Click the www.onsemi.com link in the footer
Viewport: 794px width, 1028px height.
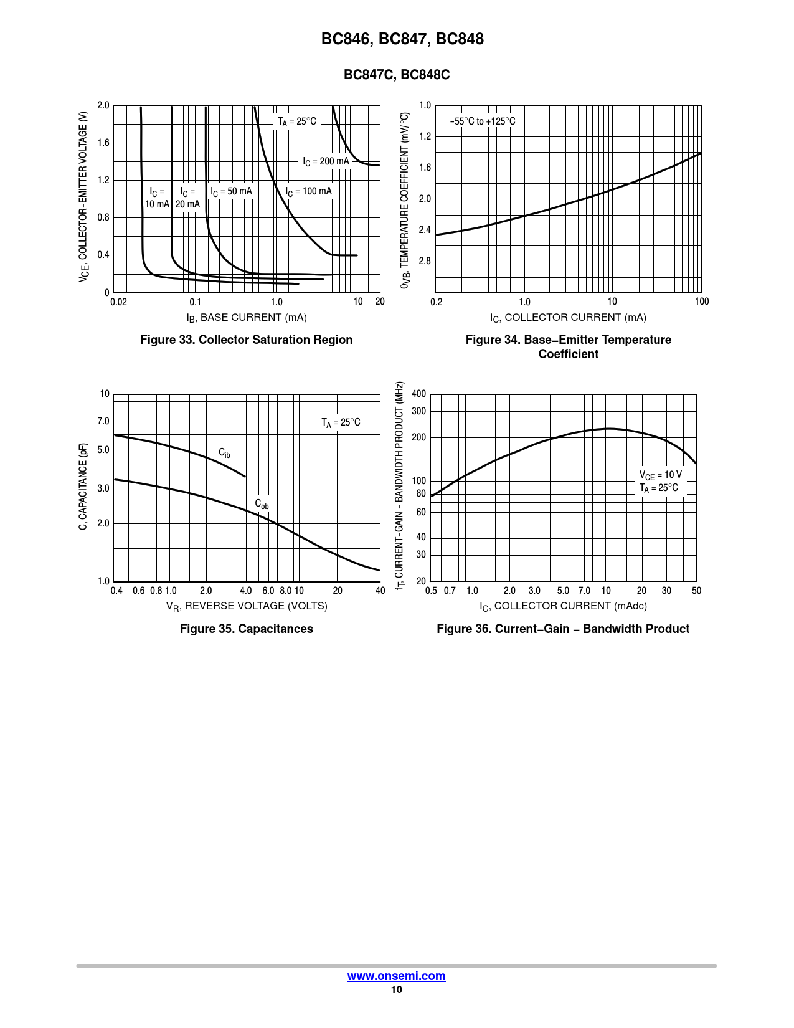[396, 976]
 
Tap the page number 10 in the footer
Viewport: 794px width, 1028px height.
[396, 990]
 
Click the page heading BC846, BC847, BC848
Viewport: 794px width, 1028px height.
[402, 39]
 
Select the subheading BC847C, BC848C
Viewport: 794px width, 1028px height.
[397, 75]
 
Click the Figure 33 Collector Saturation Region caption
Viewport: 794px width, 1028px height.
[246, 340]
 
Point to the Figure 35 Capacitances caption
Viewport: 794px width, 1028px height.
[246, 629]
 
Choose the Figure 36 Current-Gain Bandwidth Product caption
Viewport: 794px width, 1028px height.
[563, 629]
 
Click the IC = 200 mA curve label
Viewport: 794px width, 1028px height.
[326, 161]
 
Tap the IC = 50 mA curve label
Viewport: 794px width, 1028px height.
[231, 191]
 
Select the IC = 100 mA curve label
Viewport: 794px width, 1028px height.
[308, 191]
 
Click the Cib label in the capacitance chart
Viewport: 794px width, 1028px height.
[224, 453]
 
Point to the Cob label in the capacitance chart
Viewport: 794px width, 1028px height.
[262, 504]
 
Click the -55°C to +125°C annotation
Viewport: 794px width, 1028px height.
[483, 121]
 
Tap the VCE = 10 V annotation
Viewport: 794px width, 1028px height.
[660, 475]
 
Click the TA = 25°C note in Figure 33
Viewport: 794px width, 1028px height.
[296, 121]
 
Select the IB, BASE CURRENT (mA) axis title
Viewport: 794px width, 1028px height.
[246, 318]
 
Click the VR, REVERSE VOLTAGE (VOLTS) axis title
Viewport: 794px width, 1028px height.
[246, 606]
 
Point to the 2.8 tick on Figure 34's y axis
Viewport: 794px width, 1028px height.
[424, 261]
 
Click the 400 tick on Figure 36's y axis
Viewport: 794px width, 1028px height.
[418, 394]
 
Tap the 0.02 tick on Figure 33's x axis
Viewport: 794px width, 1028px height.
[118, 302]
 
